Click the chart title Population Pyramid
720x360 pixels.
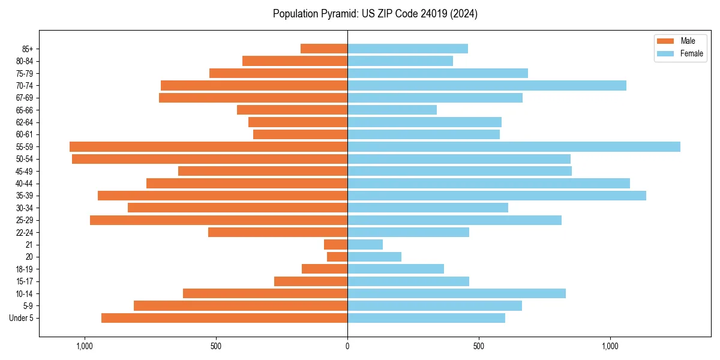(375, 14)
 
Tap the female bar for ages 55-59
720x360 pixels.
(514, 146)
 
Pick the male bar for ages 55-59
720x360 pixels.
(208, 146)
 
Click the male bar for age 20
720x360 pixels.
(337, 257)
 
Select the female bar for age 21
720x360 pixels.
(365, 244)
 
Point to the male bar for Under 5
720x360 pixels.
(224, 318)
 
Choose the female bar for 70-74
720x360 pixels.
(487, 85)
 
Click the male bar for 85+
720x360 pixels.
(324, 49)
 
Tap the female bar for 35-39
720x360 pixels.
(497, 196)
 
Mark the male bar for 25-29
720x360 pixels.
(218, 220)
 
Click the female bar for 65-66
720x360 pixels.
(392, 110)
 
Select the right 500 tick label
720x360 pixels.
(478, 346)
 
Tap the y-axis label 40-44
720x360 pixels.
(24, 184)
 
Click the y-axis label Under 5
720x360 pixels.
(21, 318)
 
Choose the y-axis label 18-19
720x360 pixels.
(24, 269)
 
